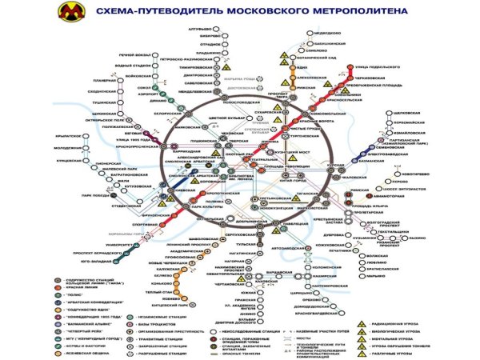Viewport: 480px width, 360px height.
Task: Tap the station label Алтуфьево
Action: point(197,29)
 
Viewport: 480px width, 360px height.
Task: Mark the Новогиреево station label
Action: point(415,173)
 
